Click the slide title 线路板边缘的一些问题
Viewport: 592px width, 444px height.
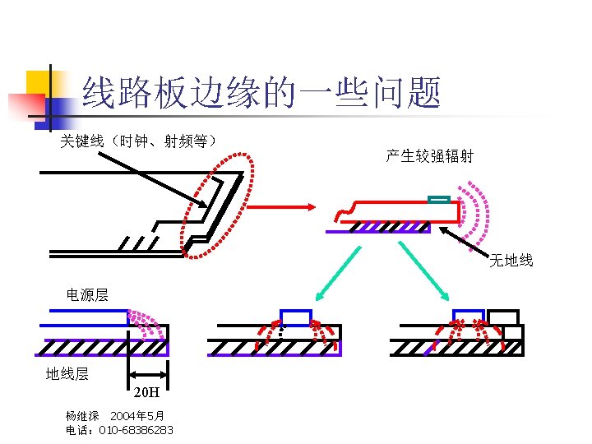tap(262, 93)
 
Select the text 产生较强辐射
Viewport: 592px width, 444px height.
tap(429, 156)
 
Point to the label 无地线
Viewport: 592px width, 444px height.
tap(511, 261)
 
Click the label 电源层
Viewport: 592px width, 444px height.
tap(87, 294)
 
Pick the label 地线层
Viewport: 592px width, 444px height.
tap(67, 374)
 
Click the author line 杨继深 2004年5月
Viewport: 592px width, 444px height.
tap(115, 417)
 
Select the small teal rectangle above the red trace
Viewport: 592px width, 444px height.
tap(439, 198)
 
